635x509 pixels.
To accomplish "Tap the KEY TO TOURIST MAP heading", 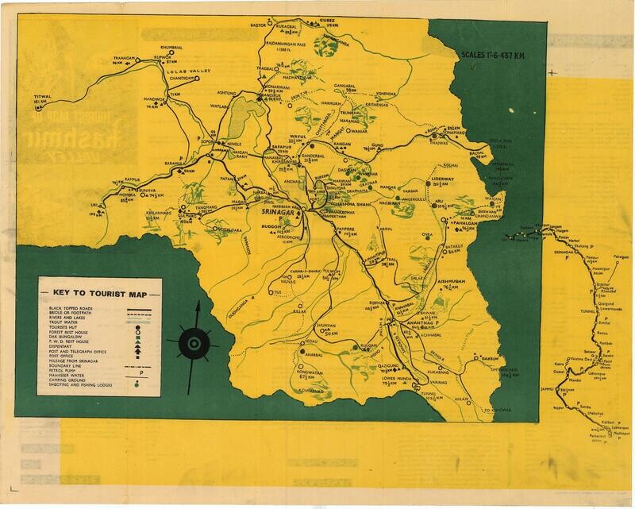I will (x=98, y=289).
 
